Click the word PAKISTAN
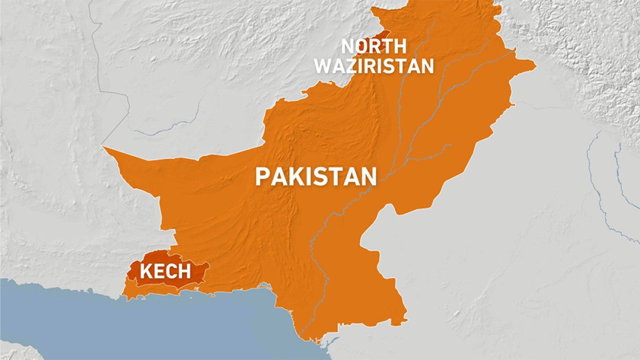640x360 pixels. click(316, 177)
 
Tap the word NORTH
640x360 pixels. click(374, 46)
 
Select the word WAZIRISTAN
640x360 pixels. click(374, 66)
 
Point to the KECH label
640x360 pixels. click(165, 271)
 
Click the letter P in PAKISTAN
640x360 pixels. click(262, 177)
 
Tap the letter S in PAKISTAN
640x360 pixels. click(326, 177)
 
